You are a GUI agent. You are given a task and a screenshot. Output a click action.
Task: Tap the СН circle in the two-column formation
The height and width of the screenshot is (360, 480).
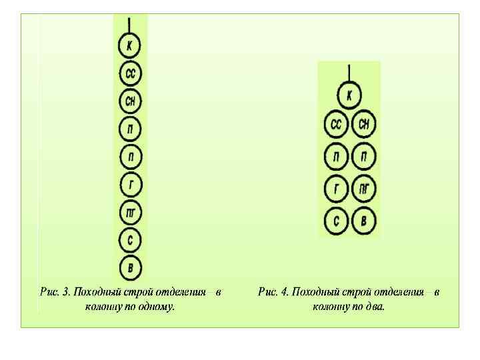(364, 125)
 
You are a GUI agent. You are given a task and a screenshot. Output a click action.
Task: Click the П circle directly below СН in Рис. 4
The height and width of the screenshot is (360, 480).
(364, 157)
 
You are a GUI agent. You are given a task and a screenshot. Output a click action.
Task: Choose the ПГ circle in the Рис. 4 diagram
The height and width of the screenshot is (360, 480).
(364, 189)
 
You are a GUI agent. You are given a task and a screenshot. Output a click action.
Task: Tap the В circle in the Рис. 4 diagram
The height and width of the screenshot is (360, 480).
(364, 221)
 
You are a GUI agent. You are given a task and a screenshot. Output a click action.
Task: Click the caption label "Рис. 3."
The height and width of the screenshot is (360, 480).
(55, 292)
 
